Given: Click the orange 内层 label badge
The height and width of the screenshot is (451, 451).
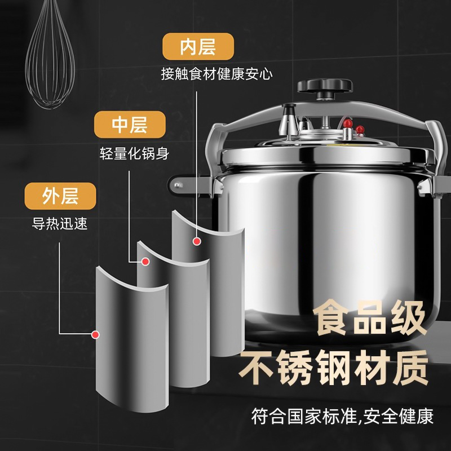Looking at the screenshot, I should coord(189,47).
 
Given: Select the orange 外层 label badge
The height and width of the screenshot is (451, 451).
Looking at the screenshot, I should coord(60,196).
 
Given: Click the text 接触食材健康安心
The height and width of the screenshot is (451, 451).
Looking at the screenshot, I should coord(216,74).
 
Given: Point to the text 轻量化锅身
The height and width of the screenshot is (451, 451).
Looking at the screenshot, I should coord(125,153).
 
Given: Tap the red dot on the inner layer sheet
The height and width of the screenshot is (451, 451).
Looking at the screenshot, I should coord(196,241).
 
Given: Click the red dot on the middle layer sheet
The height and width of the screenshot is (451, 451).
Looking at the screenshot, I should coord(145,262).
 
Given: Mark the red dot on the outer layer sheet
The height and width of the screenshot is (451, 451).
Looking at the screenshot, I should coord(96,334).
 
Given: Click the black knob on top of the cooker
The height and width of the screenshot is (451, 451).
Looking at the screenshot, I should coord(325,86).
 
